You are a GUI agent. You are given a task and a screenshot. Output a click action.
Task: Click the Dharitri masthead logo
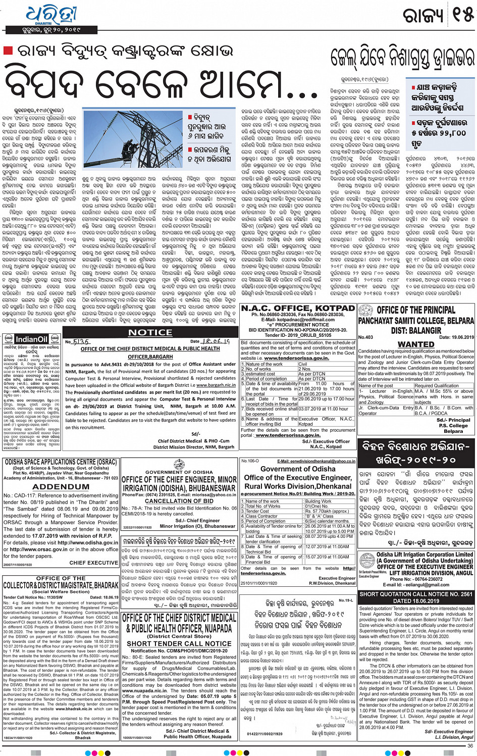(48, 15)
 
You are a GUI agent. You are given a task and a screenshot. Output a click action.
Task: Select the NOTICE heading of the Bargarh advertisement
(150, 332)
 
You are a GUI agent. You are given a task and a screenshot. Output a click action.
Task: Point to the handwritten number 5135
(81, 342)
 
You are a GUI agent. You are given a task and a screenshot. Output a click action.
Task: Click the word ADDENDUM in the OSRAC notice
(61, 487)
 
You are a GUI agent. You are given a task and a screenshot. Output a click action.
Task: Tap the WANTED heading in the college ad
(416, 344)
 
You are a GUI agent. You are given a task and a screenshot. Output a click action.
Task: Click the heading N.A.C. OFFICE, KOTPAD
(298, 308)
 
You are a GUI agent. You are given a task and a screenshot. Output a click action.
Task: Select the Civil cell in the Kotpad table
(303, 364)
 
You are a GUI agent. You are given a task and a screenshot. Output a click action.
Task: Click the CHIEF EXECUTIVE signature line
(94, 562)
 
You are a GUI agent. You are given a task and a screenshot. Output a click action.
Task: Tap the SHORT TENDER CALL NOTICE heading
(179, 643)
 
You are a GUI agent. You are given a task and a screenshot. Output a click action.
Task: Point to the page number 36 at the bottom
(470, 746)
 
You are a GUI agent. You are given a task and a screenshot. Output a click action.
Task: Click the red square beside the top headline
(8, 51)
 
